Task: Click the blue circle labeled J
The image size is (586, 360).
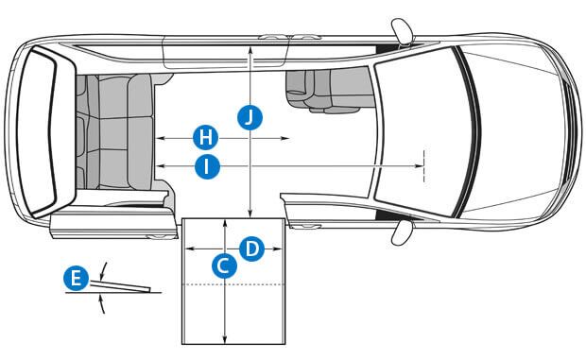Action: point(250,117)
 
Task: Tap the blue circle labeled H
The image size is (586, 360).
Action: point(205,138)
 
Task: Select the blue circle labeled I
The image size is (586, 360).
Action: point(207,166)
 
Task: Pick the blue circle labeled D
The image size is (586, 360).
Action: point(252,249)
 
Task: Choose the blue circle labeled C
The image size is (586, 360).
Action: point(224,266)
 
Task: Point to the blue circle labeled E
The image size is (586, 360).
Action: point(77,278)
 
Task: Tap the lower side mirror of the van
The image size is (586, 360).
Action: point(402,231)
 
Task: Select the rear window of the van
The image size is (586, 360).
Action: point(37,131)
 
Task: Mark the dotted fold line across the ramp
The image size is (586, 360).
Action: point(233,284)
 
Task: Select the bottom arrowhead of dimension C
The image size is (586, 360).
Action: point(224,339)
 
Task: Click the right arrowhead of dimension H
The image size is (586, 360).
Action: point(285,138)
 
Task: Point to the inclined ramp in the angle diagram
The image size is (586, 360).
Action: point(120,285)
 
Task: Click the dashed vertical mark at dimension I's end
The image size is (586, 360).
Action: point(423,165)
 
